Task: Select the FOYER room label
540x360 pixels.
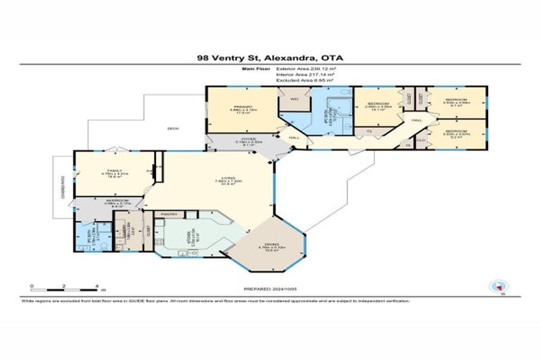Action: (246, 140)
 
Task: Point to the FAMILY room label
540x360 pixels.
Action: (110, 170)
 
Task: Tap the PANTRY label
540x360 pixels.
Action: (168, 213)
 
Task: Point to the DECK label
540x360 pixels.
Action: (172, 129)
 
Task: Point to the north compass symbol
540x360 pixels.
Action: (496, 285)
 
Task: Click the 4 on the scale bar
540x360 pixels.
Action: (96, 285)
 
